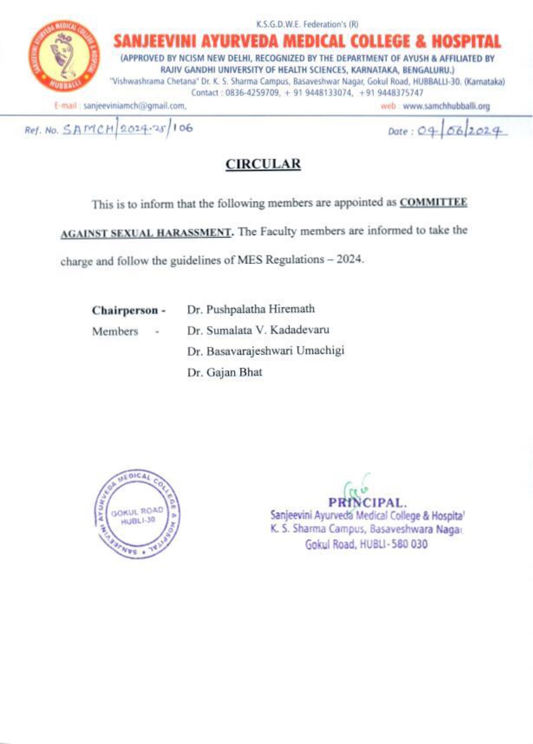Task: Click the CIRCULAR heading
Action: (x=263, y=164)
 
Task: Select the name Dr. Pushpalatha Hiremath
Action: (x=251, y=309)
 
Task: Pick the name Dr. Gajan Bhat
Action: (x=224, y=372)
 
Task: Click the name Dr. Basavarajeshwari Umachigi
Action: (x=266, y=351)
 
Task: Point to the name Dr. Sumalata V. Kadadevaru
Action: (x=258, y=330)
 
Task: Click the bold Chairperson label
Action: (x=129, y=310)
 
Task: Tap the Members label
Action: (x=115, y=331)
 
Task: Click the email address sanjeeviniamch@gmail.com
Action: (x=134, y=106)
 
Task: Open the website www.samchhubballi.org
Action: (x=446, y=106)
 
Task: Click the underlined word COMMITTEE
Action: (x=433, y=202)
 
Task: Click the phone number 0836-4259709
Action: (x=252, y=93)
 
